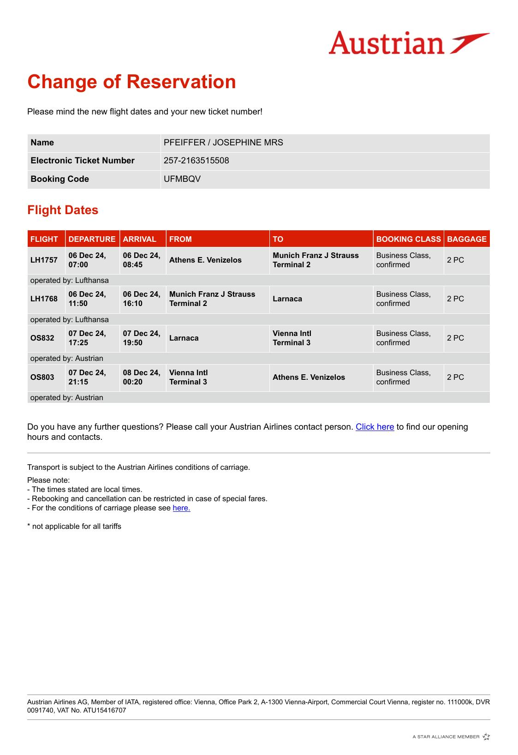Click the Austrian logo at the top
(409, 43)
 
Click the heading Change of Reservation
(131, 82)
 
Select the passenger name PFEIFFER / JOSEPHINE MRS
(223, 143)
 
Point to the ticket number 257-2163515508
(196, 161)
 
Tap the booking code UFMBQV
(182, 179)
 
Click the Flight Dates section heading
(63, 210)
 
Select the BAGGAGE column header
(466, 239)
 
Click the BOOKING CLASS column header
(408, 239)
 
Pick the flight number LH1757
(44, 260)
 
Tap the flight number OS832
(42, 338)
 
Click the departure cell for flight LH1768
(88, 299)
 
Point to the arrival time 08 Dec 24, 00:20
(141, 377)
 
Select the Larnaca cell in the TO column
(287, 299)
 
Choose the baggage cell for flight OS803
(455, 377)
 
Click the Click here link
(375, 427)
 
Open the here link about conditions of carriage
(181, 508)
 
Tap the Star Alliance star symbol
(486, 737)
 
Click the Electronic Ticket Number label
(83, 161)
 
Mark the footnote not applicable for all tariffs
(74, 526)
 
